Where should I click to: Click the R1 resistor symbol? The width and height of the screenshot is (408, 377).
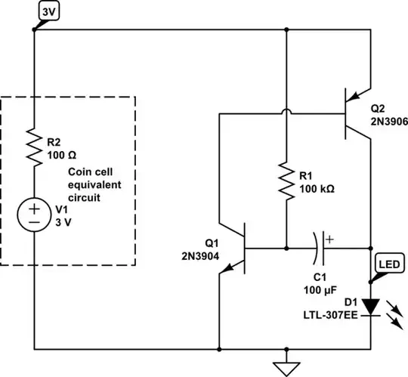pos(286,180)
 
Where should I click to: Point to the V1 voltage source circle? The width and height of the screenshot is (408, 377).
pos(35,215)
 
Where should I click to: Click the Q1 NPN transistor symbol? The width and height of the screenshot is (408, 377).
pos(237,247)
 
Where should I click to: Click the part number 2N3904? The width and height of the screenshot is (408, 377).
pos(202,254)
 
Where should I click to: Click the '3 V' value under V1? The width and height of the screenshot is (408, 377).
pos(68,222)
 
